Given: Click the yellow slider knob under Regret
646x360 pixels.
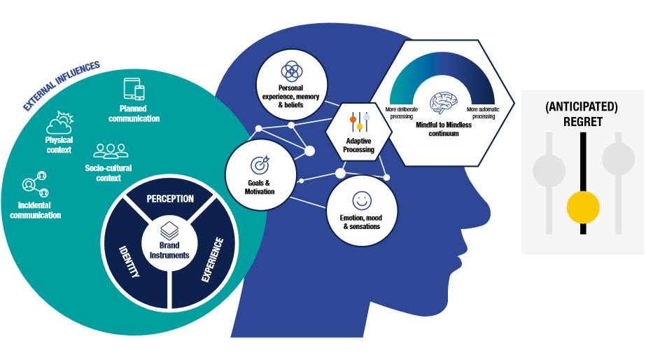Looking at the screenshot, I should pos(583,206).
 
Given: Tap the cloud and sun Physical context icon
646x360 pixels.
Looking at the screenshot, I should pos(59,125).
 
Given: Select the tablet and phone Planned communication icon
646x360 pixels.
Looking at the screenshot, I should pos(134,89).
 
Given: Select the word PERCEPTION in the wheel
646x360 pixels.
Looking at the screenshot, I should pos(169,198).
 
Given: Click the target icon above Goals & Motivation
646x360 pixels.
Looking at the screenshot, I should pos(260,165).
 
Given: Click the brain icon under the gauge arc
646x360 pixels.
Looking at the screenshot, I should pos(444,104).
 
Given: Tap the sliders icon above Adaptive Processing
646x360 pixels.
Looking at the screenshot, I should pos(359,120).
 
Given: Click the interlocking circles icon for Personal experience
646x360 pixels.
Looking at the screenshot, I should pos(290,71).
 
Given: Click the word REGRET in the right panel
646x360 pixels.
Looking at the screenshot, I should pos(582,121).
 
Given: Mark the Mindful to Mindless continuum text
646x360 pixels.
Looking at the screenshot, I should pos(443,128).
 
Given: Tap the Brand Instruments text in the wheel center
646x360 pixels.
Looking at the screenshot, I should pos(169,251).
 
